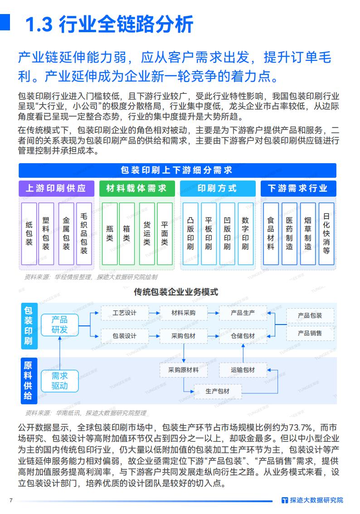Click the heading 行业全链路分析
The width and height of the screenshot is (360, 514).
click(x=109, y=24)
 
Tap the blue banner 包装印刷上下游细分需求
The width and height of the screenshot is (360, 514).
click(x=177, y=170)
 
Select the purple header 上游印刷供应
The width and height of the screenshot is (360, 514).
click(x=56, y=189)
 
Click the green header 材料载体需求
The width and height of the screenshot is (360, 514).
click(x=136, y=189)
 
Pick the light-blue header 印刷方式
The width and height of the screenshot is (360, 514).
click(x=217, y=189)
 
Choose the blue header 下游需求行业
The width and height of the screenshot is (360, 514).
click(x=298, y=189)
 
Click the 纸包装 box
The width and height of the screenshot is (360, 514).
click(x=29, y=233)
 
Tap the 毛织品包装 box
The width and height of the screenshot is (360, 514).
click(x=83, y=233)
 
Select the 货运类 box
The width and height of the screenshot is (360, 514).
click(x=147, y=233)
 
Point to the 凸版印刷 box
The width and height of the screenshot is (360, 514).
click(x=190, y=233)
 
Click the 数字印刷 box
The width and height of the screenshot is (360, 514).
click(x=245, y=233)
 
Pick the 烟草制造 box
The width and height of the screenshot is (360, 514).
click(x=308, y=233)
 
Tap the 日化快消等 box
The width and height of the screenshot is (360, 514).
click(x=326, y=233)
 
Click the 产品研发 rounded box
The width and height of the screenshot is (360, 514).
click(x=59, y=325)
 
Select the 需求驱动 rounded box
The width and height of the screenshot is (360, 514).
click(x=59, y=381)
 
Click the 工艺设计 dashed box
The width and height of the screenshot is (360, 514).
click(x=124, y=313)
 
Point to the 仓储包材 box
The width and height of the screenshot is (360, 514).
click(x=243, y=336)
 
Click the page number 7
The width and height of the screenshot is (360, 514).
click(x=11, y=500)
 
